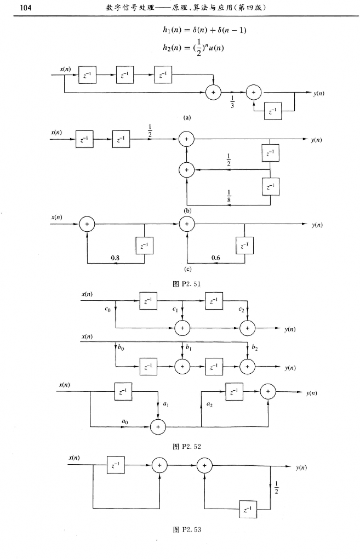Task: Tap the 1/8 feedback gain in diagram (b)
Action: pyautogui.click(x=228, y=193)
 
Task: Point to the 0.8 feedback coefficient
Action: pyautogui.click(x=115, y=257)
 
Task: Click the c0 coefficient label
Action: pyautogui.click(x=107, y=310)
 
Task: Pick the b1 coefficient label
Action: pyautogui.click(x=188, y=347)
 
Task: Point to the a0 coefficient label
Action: pyautogui.click(x=125, y=421)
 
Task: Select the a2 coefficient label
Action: pyautogui.click(x=209, y=404)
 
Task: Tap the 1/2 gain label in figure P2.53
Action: pyautogui.click(x=276, y=487)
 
